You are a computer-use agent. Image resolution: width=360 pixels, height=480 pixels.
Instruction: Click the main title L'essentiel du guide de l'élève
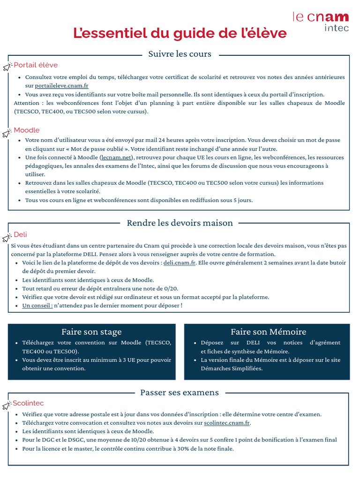click(180, 34)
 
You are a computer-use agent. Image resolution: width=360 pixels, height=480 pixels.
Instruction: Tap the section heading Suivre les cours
click(180, 54)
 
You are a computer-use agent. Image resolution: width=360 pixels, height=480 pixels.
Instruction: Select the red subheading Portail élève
click(36, 65)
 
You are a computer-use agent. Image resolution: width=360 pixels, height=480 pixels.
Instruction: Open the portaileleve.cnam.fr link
click(62, 86)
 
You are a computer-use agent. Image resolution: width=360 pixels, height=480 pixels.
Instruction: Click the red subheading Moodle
click(27, 130)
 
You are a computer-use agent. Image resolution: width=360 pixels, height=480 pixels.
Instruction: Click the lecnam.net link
click(117, 157)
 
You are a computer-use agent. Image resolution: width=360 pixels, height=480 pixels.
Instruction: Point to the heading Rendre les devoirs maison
click(180, 223)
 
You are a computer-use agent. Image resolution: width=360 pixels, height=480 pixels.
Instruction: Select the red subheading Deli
click(21, 234)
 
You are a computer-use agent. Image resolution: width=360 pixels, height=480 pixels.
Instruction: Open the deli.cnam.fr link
click(180, 262)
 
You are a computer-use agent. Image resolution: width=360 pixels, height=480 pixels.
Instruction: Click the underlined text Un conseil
click(37, 306)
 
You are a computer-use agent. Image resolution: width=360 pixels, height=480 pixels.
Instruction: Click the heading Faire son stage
click(91, 332)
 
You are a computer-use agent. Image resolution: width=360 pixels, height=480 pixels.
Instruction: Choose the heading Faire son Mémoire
click(268, 332)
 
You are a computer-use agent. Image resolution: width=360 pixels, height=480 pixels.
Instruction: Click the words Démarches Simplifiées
click(232, 368)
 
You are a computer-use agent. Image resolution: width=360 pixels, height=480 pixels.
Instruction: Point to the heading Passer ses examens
click(180, 392)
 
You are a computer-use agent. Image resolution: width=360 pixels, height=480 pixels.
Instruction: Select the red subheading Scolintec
click(28, 403)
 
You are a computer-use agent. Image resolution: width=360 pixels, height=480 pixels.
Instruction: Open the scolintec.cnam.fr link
click(227, 423)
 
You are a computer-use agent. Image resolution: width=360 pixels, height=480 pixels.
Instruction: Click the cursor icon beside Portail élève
click(7, 67)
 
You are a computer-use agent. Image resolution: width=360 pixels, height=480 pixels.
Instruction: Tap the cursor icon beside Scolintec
click(7, 405)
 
